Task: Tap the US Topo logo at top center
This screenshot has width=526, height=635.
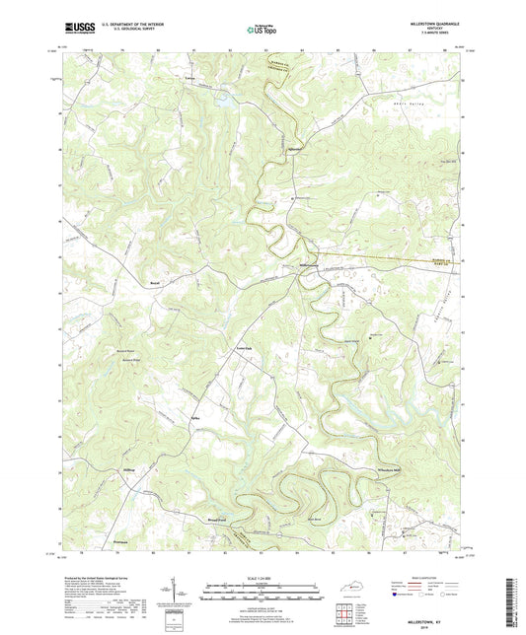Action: (261, 30)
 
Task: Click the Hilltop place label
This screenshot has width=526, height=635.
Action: (127, 470)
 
